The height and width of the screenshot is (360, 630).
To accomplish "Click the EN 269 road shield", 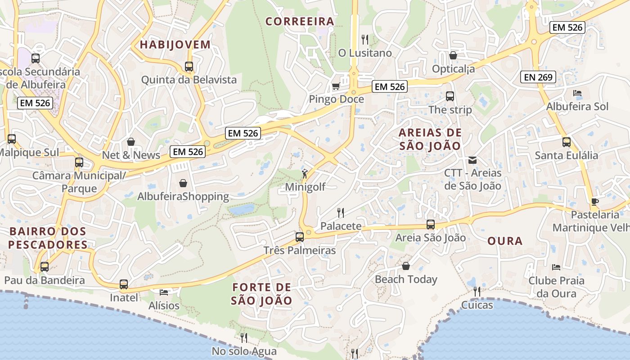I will pyautogui.click(x=538, y=77).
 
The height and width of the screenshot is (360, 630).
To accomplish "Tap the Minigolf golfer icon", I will pyautogui.click(x=305, y=173).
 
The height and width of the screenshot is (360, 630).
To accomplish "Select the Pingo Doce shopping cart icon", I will pyautogui.click(x=336, y=86).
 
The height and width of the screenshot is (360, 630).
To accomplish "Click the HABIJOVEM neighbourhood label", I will pyautogui.click(x=175, y=45).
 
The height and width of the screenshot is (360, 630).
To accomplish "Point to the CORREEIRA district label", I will pyautogui.click(x=300, y=21).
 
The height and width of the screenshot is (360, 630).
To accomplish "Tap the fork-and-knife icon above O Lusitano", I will pyautogui.click(x=365, y=40).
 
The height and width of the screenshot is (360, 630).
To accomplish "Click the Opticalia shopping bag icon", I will pyautogui.click(x=453, y=55).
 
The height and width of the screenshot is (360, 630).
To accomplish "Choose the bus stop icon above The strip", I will pyautogui.click(x=450, y=96).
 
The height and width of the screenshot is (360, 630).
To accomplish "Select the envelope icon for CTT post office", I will pyautogui.click(x=472, y=160).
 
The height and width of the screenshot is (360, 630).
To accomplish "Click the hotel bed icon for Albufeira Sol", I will pyautogui.click(x=577, y=93).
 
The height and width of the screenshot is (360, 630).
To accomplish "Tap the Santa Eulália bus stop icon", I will pyautogui.click(x=567, y=142).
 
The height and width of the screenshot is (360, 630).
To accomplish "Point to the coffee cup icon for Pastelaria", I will pyautogui.click(x=595, y=201).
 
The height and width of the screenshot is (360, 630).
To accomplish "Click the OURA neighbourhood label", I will pyautogui.click(x=505, y=241).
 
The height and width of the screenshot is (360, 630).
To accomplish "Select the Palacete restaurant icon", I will pyautogui.click(x=341, y=212).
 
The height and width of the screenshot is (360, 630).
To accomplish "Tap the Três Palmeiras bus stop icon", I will pyautogui.click(x=300, y=237).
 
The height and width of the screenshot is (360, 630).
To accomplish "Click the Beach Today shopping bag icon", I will pyautogui.click(x=406, y=266).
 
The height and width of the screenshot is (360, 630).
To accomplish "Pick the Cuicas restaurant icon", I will pyautogui.click(x=477, y=292).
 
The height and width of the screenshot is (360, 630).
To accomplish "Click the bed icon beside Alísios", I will pyautogui.click(x=164, y=292).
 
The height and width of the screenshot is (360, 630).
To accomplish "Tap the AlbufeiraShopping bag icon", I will pyautogui.click(x=183, y=183).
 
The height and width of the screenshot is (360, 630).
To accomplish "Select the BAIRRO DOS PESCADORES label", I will pyautogui.click(x=48, y=238).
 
